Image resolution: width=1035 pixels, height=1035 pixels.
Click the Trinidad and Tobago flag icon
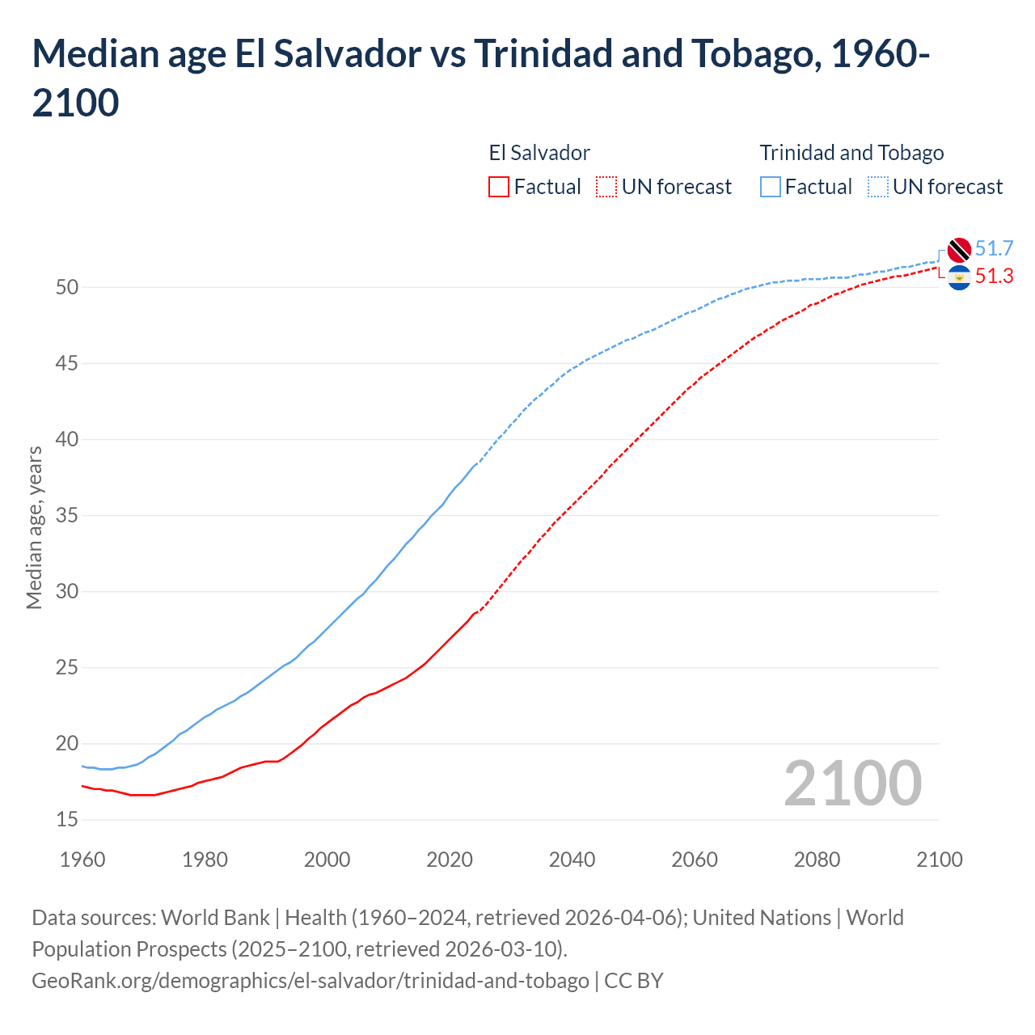(x=959, y=250)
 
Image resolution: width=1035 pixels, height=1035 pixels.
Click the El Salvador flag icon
(x=959, y=277)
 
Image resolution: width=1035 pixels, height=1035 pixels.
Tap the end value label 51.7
(x=994, y=249)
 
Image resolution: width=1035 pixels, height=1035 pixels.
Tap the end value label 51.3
(x=994, y=277)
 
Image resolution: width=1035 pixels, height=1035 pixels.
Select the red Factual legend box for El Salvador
(x=499, y=187)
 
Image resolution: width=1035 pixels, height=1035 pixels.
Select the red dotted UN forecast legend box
(x=606, y=187)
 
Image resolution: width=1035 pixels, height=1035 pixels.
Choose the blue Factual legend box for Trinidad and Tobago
(x=771, y=187)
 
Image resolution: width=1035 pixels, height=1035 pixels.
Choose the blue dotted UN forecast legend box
(x=877, y=187)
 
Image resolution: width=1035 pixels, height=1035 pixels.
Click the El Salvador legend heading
(x=539, y=153)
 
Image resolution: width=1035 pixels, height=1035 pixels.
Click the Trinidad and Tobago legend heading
(x=851, y=153)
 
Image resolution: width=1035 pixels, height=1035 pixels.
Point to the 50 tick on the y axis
(x=67, y=288)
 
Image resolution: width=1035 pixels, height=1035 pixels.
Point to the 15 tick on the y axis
(x=67, y=820)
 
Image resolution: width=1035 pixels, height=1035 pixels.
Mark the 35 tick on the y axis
(x=67, y=516)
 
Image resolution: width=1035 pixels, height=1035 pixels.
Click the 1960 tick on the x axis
(x=82, y=860)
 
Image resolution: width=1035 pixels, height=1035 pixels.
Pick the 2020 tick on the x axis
(x=450, y=860)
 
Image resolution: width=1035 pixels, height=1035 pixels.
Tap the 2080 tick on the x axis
(x=817, y=860)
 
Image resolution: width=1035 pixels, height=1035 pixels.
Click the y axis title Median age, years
(x=34, y=527)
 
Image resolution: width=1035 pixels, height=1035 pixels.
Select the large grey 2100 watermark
(x=852, y=784)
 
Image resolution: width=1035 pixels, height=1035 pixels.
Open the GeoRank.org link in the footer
(x=310, y=981)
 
